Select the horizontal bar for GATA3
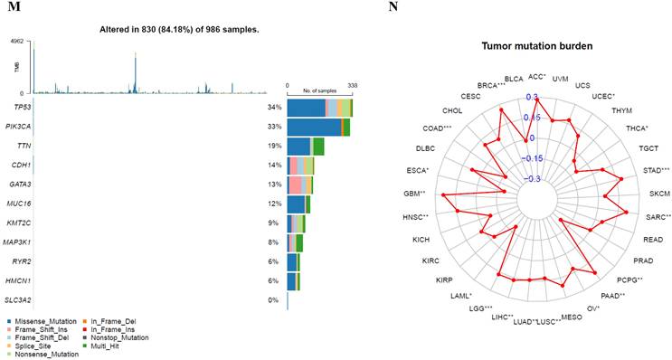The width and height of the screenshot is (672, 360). pos(299,185)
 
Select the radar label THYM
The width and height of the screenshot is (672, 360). pos(621,109)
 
